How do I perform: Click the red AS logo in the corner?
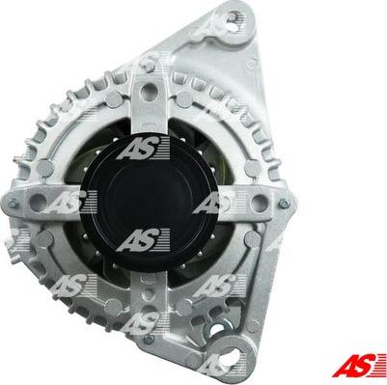click(359, 365)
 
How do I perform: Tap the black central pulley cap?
click(149, 203)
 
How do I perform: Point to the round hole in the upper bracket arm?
click(149, 91)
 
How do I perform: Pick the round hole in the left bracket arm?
click(38, 203)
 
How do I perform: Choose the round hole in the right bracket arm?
click(260, 203)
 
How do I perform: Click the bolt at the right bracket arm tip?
click(284, 204)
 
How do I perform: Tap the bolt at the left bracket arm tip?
click(13, 204)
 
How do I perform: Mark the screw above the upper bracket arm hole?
click(149, 67)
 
